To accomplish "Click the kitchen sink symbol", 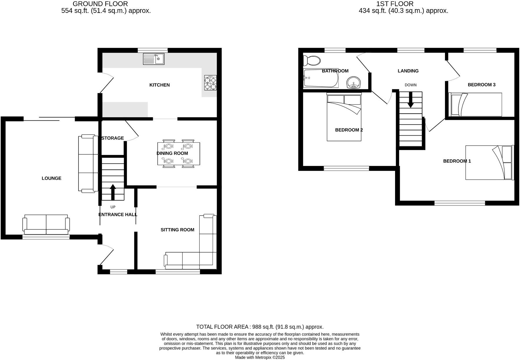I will [x=153, y=59].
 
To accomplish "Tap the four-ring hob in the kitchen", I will [x=210, y=83].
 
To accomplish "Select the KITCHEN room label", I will [x=160, y=85].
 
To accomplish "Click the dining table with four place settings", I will [x=178, y=154].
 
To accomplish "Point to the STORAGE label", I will [x=113, y=138].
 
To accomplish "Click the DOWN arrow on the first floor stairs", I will [x=410, y=100].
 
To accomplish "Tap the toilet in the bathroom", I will [x=312, y=61].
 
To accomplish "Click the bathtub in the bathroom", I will [x=321, y=78].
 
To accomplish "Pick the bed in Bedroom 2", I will [x=344, y=117].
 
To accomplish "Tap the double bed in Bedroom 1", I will [x=489, y=162].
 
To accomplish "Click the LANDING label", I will [x=408, y=71].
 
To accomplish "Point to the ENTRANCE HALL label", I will [x=118, y=215].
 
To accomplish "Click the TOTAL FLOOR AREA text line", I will [x=260, y=327].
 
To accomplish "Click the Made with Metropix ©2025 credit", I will [x=260, y=357].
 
